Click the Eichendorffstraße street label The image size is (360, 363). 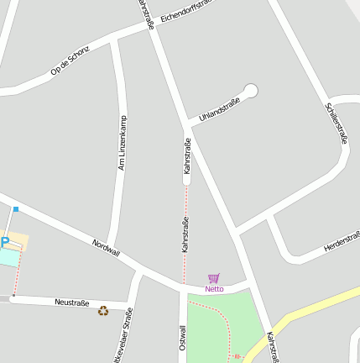tap(189, 12)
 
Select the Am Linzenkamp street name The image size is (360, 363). tap(123, 143)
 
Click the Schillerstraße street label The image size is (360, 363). tap(336, 123)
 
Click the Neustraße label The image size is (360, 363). tap(71, 302)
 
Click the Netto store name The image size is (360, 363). tap(214, 289)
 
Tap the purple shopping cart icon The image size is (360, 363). tap(214, 278)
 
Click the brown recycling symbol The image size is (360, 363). tap(103, 311)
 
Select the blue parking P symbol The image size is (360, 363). tap(4, 243)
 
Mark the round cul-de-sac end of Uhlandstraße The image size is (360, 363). tap(250, 91)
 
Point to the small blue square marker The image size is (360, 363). tap(16, 208)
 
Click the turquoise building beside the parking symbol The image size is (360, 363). tap(8, 256)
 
